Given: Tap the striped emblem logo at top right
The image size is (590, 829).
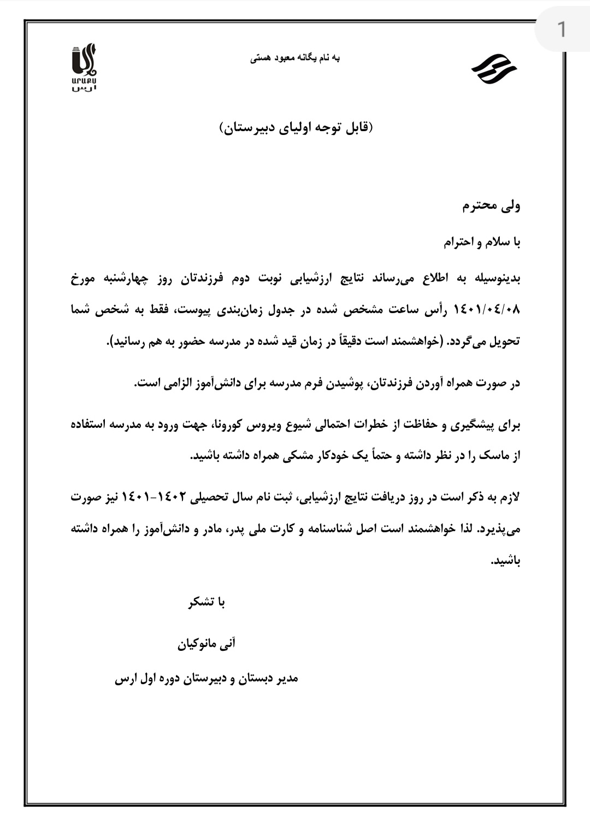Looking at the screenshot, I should (493, 69).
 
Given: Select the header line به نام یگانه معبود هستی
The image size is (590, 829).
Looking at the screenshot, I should (295, 58).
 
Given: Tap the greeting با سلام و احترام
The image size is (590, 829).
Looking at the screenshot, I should (482, 243).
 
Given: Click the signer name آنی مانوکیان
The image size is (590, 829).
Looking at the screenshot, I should (206, 644).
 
